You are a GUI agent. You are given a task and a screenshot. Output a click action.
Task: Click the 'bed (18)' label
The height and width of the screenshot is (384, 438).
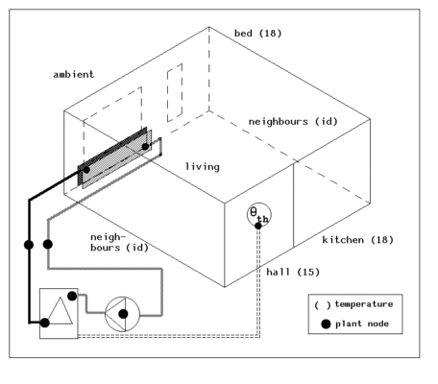pos(256,35)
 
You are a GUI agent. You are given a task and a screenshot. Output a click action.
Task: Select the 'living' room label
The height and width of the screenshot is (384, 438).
pos(202,167)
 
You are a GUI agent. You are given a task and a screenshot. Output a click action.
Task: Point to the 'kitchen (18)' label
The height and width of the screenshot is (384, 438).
pos(357,239)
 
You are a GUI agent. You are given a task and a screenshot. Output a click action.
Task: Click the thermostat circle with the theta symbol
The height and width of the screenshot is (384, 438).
pos(259,215)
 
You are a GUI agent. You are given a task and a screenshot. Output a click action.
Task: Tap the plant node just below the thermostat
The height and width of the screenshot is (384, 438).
pos(258,227)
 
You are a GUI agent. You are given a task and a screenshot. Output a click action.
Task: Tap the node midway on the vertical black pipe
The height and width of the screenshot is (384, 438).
pos(29,245)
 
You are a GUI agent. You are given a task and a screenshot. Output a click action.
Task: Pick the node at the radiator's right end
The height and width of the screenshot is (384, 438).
pos(147,146)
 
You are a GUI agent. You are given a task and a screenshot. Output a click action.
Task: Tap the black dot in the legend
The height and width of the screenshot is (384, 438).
pos(326,324)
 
